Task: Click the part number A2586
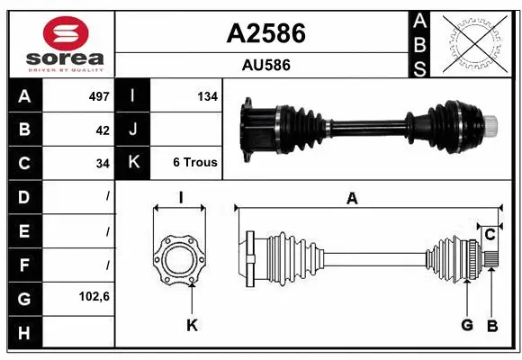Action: (265, 33)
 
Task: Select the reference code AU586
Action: (265, 65)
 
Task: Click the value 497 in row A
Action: (99, 96)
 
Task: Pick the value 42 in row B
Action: (103, 130)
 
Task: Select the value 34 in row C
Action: (103, 163)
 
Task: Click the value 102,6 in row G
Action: (94, 296)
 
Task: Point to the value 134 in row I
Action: (207, 96)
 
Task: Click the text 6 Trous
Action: (195, 163)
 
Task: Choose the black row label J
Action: (133, 130)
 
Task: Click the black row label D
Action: (24, 196)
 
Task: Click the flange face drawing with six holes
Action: (180, 261)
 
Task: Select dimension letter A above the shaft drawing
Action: (352, 199)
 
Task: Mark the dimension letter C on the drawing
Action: (490, 234)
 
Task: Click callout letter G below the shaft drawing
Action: (467, 325)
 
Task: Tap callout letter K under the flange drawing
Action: (192, 325)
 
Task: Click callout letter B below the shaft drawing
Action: (492, 325)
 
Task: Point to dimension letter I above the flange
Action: (180, 198)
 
